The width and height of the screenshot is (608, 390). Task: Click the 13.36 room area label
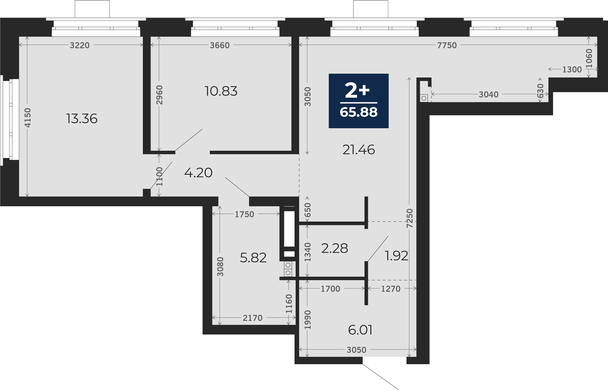(x=82, y=119)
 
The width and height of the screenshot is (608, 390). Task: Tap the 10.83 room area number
(x=221, y=91)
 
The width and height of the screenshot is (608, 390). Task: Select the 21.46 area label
(x=359, y=150)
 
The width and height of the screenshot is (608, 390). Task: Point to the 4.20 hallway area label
(x=198, y=173)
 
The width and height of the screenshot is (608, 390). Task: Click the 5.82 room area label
(x=253, y=258)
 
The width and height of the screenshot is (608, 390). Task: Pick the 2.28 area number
(x=335, y=248)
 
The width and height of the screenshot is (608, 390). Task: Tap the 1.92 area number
(x=396, y=256)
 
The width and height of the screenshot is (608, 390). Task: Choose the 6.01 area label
(x=360, y=330)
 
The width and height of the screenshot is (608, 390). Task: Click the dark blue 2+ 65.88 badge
(x=359, y=101)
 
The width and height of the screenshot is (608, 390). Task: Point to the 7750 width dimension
(x=447, y=45)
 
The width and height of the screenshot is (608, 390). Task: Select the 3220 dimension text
(x=80, y=45)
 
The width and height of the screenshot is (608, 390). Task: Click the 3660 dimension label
(x=220, y=45)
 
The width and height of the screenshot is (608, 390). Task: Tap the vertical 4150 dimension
(x=28, y=118)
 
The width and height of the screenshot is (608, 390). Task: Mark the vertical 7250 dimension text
(x=410, y=218)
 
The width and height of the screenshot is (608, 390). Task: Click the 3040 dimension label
(x=489, y=94)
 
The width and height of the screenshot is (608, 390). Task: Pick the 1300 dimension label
(x=572, y=69)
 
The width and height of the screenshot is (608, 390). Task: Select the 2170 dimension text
(x=253, y=318)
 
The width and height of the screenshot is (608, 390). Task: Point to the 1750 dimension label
(x=244, y=214)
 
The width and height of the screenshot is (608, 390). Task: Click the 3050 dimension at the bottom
(x=357, y=350)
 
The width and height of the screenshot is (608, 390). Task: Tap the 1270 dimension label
(x=391, y=289)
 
